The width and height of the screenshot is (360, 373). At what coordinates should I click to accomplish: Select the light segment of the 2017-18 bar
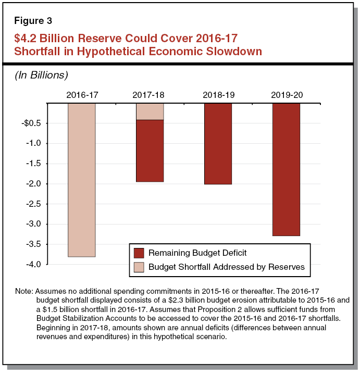pos(150,111)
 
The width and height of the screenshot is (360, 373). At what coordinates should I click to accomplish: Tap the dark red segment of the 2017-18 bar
pos(150,151)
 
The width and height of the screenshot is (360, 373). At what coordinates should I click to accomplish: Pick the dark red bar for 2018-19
pos(218,144)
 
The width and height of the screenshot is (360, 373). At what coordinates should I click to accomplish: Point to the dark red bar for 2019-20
pos(286,169)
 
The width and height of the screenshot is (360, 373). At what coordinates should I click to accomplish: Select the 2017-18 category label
pos(150,95)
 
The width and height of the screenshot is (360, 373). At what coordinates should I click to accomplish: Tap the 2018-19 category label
pos(218,95)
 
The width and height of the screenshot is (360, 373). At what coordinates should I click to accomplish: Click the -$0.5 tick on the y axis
pos(32,123)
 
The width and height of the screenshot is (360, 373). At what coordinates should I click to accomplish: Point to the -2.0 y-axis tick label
pos(34,184)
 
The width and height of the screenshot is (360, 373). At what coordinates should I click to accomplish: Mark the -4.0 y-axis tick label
pos(34,265)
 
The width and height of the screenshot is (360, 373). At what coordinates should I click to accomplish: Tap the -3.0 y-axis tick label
pos(34,225)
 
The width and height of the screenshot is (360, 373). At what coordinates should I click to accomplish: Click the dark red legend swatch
pos(139,253)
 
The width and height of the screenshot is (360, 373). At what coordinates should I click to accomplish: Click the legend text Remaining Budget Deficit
pos(197,253)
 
